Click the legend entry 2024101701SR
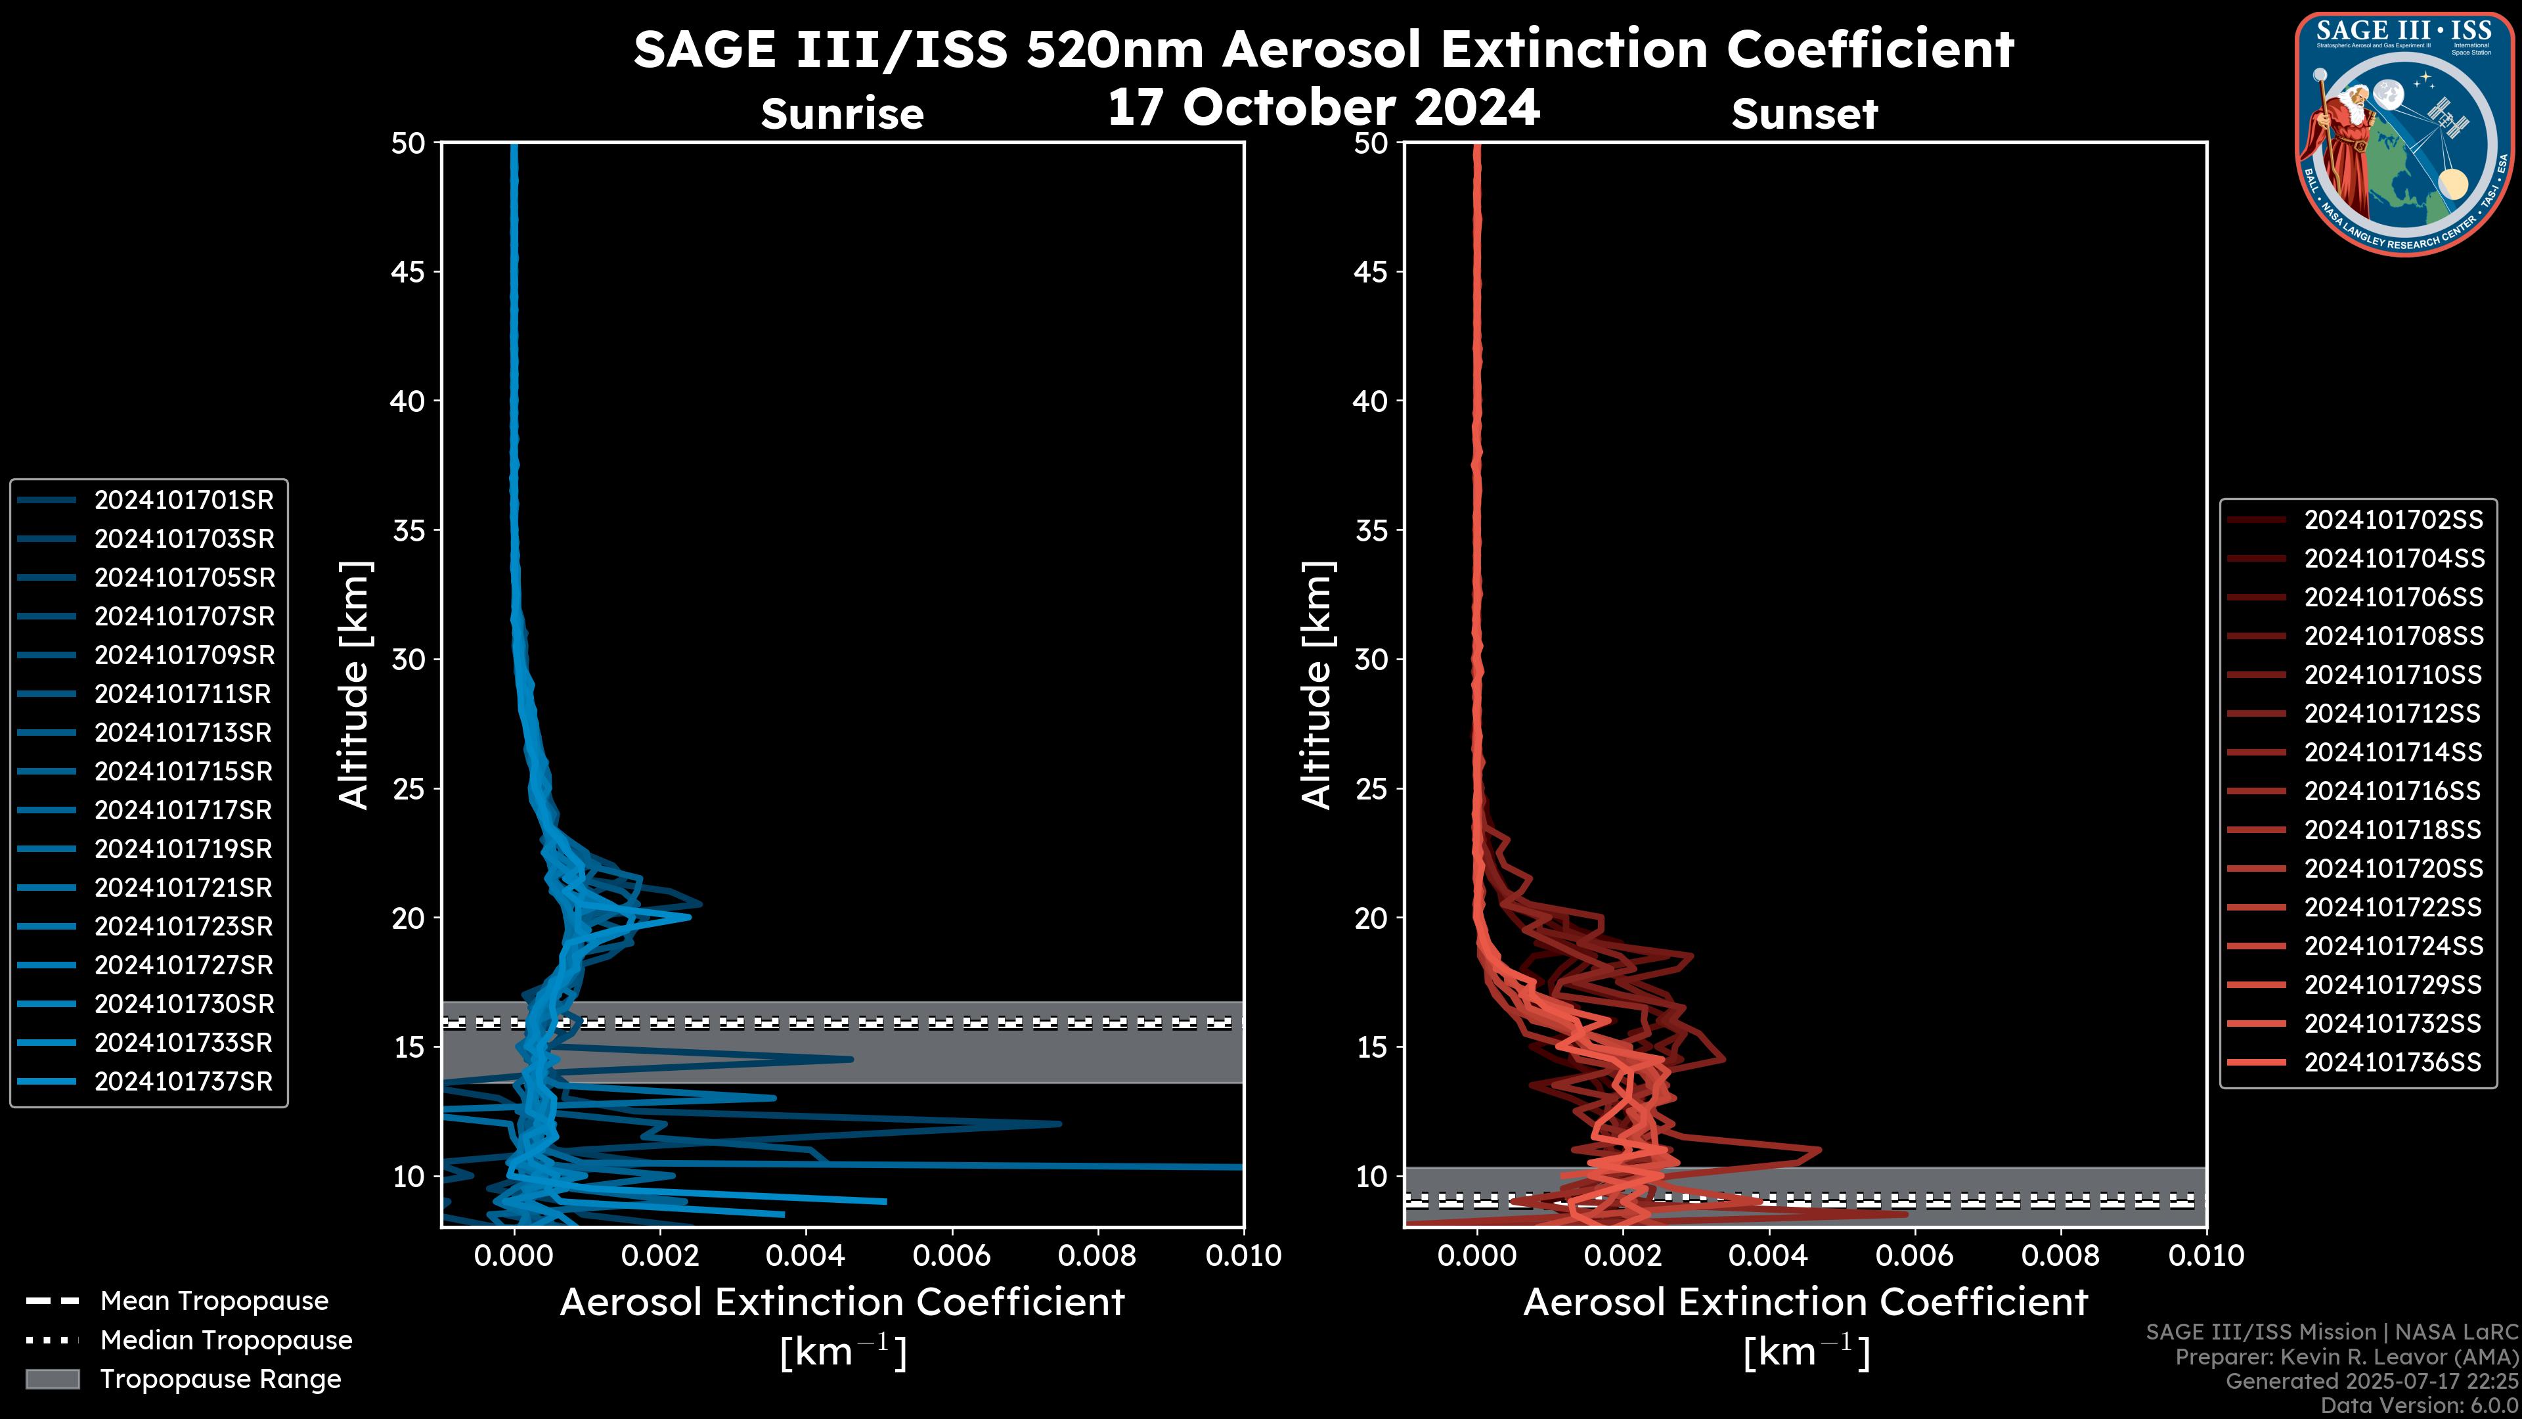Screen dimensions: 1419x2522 click(183, 501)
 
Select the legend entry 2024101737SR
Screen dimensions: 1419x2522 click(183, 1082)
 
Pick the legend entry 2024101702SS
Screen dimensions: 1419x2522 click(2393, 520)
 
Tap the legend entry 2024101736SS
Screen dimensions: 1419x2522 click(2393, 1062)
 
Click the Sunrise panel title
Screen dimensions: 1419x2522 click(842, 114)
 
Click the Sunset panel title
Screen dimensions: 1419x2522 click(1804, 114)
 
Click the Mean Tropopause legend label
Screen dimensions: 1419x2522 click(214, 1301)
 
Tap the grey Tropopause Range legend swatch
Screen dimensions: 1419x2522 click(53, 1379)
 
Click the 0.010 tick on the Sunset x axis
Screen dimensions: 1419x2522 click(2206, 1255)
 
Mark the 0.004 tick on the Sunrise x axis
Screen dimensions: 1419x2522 click(806, 1255)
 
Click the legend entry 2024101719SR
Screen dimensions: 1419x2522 click(183, 849)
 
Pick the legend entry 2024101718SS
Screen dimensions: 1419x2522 click(2393, 830)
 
